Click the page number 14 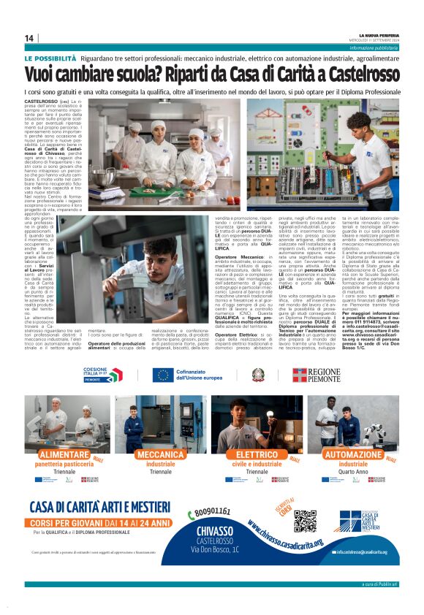[x=29, y=38]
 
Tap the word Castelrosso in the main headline [x=350, y=74]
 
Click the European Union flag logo [x=162, y=375]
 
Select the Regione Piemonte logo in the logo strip [x=317, y=375]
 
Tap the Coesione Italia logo [x=102, y=375]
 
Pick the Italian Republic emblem [x=257, y=375]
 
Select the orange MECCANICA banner [x=161, y=454]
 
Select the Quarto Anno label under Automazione [x=353, y=472]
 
